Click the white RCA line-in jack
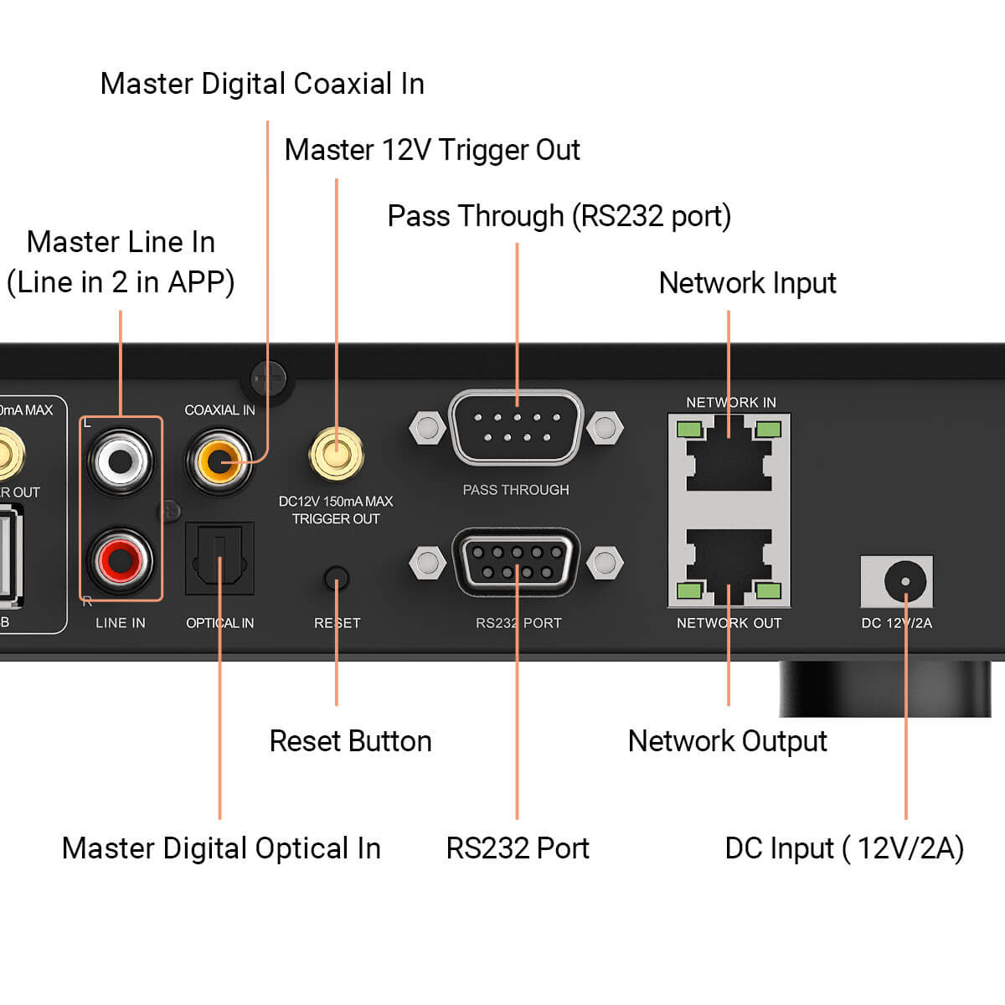(121, 460)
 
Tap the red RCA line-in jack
(121, 559)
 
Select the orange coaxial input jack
(219, 461)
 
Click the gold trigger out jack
(336, 453)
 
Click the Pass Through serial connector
(517, 427)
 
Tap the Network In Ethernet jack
(729, 456)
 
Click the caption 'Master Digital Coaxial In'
(262, 84)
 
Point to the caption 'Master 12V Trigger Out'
(432, 150)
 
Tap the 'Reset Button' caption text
(350, 741)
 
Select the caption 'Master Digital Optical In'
(221, 848)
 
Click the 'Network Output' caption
(727, 741)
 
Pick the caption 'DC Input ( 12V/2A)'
(844, 848)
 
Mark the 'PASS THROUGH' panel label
(516, 490)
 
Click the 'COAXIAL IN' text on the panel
(219, 410)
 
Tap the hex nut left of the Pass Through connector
(427, 428)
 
